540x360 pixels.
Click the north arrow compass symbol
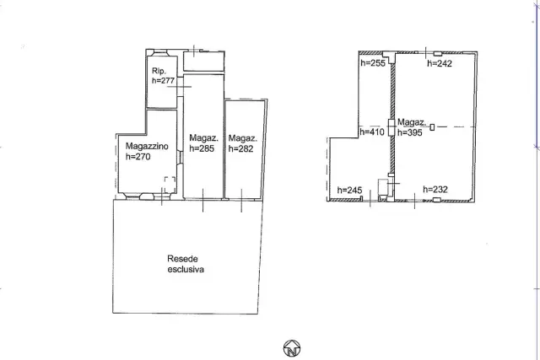point(292,348)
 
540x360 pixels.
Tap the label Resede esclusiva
point(186,264)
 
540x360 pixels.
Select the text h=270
point(138,157)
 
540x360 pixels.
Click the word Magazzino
point(147,146)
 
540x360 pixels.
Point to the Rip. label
point(159,71)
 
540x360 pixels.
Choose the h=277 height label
point(163,81)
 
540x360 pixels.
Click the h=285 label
point(202,148)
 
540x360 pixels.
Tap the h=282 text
point(240,148)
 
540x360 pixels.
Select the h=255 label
point(373,63)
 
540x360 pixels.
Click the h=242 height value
point(440,63)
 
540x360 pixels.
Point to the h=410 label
point(372,132)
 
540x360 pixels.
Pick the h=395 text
point(410,132)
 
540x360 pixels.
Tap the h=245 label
point(349,191)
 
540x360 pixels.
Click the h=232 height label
point(435,190)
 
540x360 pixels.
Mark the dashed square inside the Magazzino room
point(170,185)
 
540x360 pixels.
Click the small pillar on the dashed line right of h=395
point(432,127)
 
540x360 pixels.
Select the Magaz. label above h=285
point(204,138)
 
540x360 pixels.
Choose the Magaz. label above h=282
point(243,138)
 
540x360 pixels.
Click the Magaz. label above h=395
point(412,122)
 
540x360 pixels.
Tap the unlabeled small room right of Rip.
point(204,62)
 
